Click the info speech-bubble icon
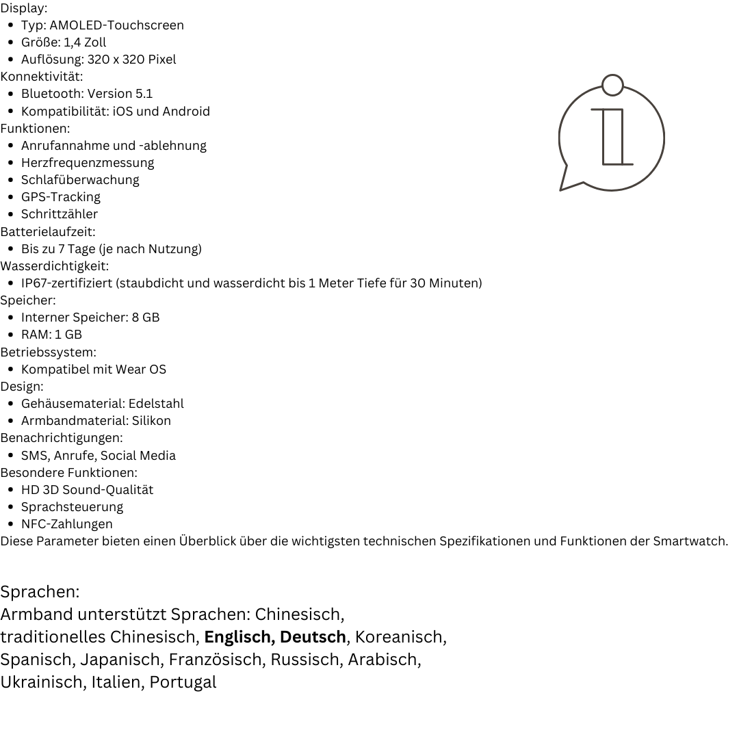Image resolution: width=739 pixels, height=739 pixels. pos(611,135)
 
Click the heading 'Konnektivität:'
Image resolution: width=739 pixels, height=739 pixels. pos(41,76)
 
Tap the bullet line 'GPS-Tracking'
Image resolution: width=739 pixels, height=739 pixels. pos(60,197)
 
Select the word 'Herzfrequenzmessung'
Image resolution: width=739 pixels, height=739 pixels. pos(88,163)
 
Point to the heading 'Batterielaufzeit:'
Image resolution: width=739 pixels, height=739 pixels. pos(47,231)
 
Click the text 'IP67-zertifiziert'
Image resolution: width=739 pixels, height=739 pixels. pos(67,283)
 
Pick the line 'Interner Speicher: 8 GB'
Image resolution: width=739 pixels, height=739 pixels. pos(90,317)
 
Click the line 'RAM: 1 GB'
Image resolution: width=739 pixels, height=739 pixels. pos(51,335)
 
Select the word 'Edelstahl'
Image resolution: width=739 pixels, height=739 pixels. pos(156,404)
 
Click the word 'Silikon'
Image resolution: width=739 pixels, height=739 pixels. pos(151,421)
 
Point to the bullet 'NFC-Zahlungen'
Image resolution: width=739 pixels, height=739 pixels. pos(66,524)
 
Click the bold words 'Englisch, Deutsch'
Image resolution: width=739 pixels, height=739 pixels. pos(275,637)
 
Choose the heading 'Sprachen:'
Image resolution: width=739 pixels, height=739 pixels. pos(40,592)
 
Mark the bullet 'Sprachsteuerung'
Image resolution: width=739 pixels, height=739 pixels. pos(72,507)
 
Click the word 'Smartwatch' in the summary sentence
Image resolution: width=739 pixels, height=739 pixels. pos(689,541)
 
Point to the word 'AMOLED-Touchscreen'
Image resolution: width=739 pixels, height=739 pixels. pos(116,25)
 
